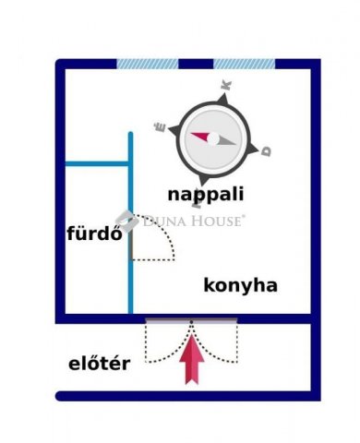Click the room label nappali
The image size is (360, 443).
tap(206, 195)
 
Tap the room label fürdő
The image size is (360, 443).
tap(95, 233)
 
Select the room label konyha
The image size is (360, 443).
tap(240, 285)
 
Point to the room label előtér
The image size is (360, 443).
tap(99, 363)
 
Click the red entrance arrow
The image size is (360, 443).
tap(192, 359)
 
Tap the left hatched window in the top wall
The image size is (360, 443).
tap(148, 64)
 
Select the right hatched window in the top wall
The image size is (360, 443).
tap(245, 64)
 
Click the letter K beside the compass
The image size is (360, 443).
tap(226, 85)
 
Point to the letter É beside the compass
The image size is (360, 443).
tap(160, 126)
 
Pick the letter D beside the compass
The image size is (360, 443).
tap(266, 151)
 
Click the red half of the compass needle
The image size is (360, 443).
tap(200, 137)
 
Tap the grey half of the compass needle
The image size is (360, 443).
tap(225, 141)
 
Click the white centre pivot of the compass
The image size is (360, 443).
tap(213, 139)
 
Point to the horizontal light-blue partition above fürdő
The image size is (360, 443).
tap(97, 163)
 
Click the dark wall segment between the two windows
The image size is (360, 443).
tap(196, 64)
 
